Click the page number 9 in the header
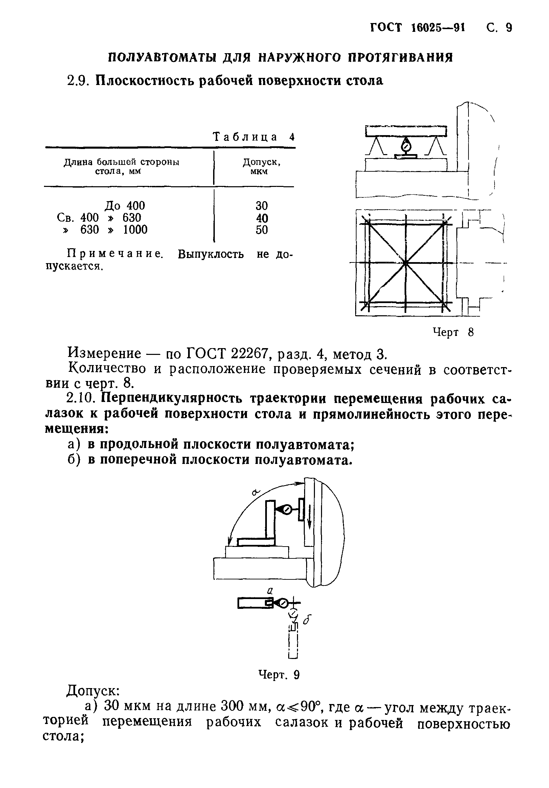pyautogui.click(x=508, y=28)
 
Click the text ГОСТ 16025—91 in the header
pyautogui.click(x=417, y=28)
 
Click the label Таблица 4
pyautogui.click(x=253, y=137)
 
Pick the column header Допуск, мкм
pyautogui.click(x=261, y=167)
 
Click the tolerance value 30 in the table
pyautogui.click(x=261, y=206)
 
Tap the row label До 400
pyautogui.click(x=124, y=206)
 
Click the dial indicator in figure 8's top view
pyautogui.click(x=406, y=147)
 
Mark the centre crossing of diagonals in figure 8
pyautogui.click(x=405, y=263)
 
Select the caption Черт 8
pyautogui.click(x=453, y=332)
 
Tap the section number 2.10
pyautogui.click(x=83, y=399)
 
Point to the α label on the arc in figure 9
pyautogui.click(x=256, y=492)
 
